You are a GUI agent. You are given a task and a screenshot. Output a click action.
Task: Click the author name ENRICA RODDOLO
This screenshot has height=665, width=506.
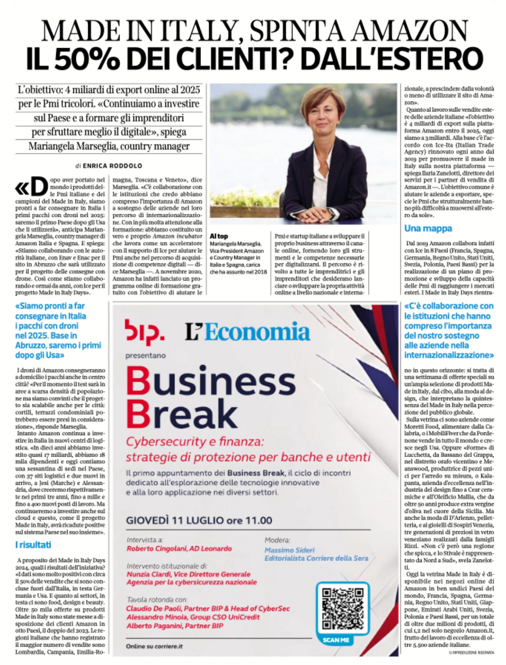point(112,166)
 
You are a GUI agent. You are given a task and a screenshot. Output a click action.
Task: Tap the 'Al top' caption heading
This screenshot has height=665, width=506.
point(219,236)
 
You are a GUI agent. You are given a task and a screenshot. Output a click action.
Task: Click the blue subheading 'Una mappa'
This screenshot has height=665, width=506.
point(428,228)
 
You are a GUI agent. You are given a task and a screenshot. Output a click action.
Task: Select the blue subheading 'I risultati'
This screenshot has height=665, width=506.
point(33,545)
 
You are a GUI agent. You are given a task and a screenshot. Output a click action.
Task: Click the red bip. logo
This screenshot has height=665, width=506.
point(144,332)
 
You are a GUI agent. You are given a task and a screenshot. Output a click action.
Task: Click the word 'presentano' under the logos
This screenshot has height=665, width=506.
point(145,355)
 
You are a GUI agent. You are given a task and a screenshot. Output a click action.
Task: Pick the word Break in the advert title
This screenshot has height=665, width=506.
point(182,414)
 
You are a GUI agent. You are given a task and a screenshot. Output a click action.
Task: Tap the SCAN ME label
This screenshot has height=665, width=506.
point(336,640)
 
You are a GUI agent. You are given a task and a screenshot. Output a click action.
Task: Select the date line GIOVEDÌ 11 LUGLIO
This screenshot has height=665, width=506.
point(199,520)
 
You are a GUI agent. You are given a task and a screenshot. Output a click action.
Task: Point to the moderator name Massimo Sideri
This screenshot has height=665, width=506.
point(289,550)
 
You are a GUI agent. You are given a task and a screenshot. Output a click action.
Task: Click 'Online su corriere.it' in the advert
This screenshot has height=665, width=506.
point(154,646)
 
